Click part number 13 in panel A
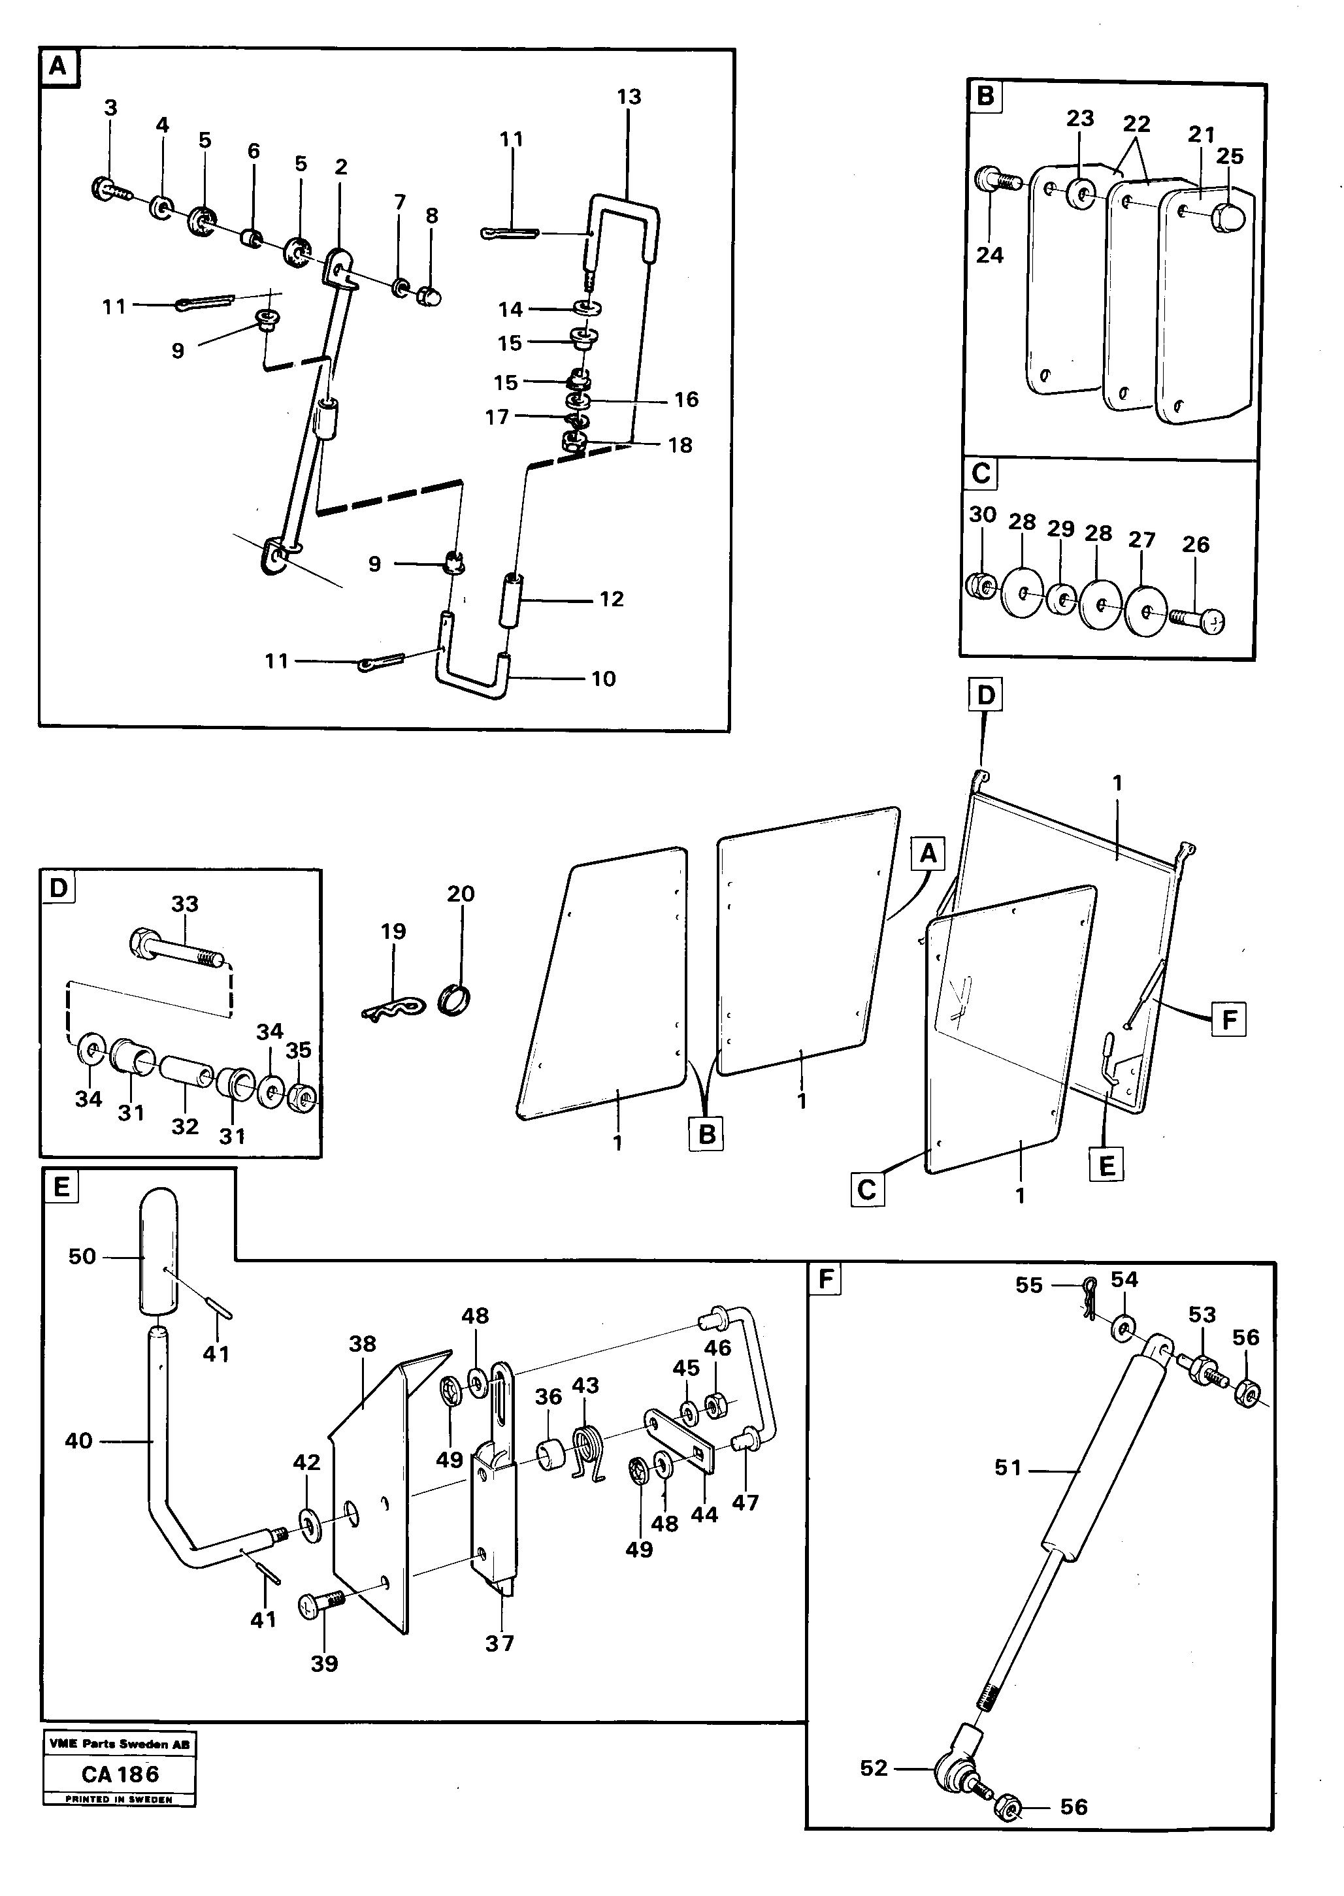[629, 97]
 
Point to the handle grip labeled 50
[158, 1250]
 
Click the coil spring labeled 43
[589, 1456]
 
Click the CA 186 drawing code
[120, 1774]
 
